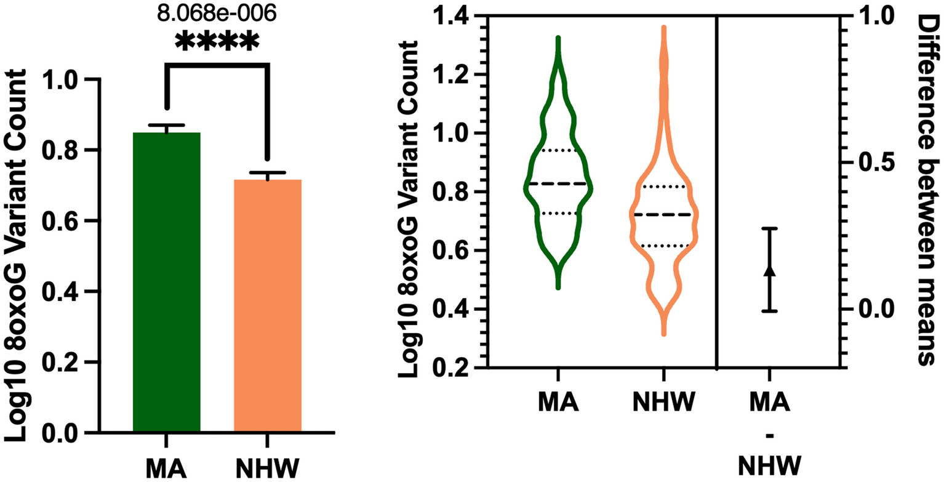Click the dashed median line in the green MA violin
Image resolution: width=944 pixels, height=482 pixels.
(x=558, y=183)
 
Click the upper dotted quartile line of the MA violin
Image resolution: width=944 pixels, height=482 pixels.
(x=558, y=150)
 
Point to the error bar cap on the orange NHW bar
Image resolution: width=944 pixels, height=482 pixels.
(x=268, y=172)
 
